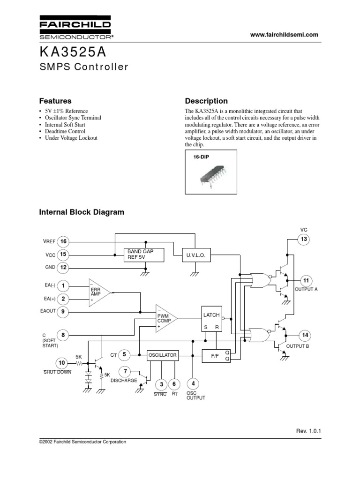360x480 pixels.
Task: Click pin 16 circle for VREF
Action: [63, 241]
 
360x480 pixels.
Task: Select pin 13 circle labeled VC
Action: [304, 240]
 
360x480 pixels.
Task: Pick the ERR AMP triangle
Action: [97, 292]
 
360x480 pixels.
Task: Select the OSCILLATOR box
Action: [163, 355]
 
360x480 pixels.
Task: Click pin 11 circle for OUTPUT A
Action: [306, 280]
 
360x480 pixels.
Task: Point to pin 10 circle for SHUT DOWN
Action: [62, 363]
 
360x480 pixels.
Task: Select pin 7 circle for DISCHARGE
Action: [125, 372]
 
